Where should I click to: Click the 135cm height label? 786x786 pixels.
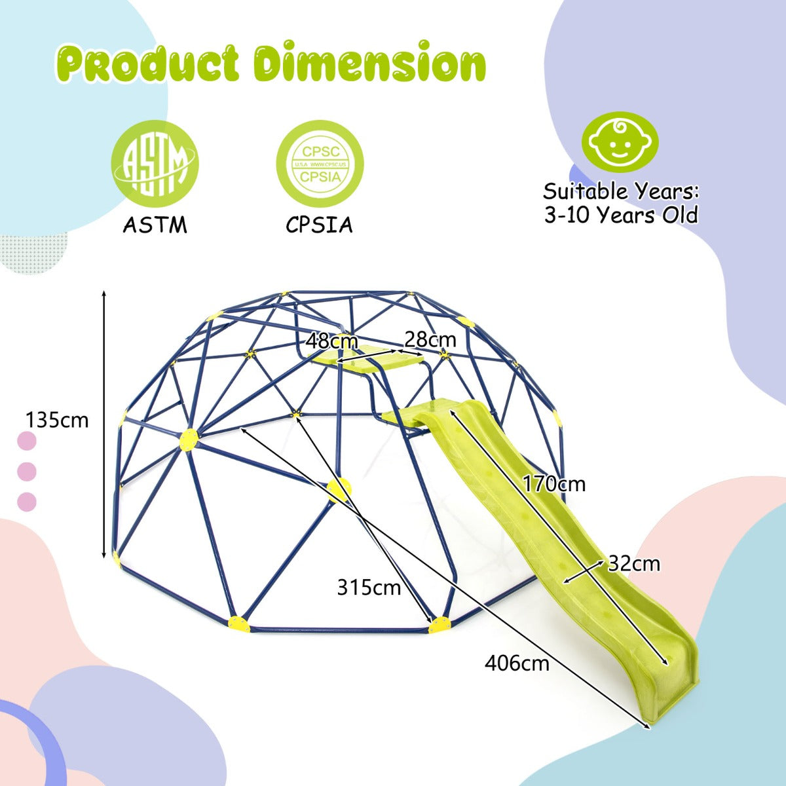point(56,419)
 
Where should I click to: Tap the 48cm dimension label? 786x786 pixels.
point(332,341)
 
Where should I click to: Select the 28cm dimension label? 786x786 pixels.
point(430,339)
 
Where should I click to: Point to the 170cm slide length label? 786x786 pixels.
point(554,484)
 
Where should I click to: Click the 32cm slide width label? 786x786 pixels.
point(634,563)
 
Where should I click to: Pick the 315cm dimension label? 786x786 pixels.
point(369,588)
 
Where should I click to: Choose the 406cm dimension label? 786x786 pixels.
point(517,663)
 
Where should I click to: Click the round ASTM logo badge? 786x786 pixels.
point(155,164)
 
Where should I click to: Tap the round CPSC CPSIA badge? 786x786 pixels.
point(319,164)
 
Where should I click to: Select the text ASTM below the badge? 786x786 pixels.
point(155,225)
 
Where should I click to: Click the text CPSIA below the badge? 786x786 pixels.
point(319,225)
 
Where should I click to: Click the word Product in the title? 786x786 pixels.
point(152,64)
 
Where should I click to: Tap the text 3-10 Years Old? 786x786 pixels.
point(621,215)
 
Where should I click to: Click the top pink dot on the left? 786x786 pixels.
point(26,441)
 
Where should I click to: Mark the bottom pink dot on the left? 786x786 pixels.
point(26,502)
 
